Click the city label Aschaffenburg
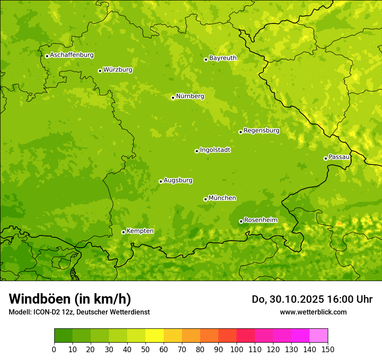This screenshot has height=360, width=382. click(72, 55)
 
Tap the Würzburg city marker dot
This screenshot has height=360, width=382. click(100, 71)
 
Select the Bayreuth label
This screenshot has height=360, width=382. click(223, 58)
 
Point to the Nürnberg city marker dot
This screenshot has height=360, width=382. click(173, 98)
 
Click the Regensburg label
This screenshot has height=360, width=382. click(261, 131)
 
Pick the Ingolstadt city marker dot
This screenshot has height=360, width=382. click(197, 151)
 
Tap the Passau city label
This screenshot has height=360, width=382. click(339, 157)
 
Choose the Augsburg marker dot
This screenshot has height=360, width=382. click(161, 181)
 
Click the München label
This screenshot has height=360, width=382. click(222, 198)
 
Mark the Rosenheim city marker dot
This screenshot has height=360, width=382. click(241, 221)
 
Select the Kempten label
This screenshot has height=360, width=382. click(140, 231)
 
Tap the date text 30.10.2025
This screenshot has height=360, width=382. click(296, 299)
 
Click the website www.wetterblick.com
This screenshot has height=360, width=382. click(313, 312)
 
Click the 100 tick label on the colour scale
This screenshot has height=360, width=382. click(237, 350)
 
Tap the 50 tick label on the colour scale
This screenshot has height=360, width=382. click(145, 350)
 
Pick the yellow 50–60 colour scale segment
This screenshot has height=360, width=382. click(155, 336)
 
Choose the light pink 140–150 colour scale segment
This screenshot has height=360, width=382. click(319, 336)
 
